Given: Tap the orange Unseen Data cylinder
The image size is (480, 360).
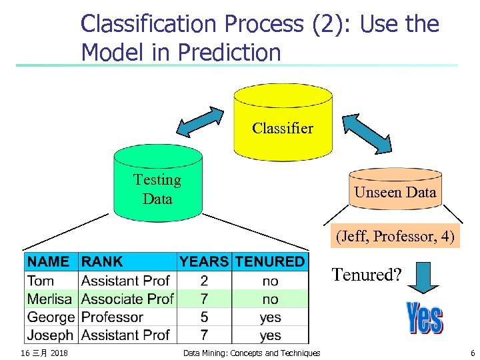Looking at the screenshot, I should pos(395,190).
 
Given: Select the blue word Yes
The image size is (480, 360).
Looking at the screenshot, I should pos(423,318).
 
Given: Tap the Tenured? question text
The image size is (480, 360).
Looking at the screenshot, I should pos(367,275).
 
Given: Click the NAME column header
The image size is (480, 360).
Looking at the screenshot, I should pos(49,262).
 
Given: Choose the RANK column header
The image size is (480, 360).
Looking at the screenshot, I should pos(102,262).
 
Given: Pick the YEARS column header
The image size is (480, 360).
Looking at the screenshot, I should pos(204,262).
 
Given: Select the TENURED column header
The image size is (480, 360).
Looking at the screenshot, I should pos(270,262).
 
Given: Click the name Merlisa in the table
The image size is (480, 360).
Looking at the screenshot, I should pos(51,299).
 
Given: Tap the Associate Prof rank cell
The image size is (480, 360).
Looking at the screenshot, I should pos(127,299).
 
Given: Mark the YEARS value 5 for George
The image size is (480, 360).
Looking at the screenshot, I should pos(204,317).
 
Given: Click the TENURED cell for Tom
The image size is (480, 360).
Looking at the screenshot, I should pos(270,281).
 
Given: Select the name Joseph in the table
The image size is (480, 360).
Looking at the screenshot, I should pos(51,335).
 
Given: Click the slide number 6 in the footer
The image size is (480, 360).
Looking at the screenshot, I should pos(472,353).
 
